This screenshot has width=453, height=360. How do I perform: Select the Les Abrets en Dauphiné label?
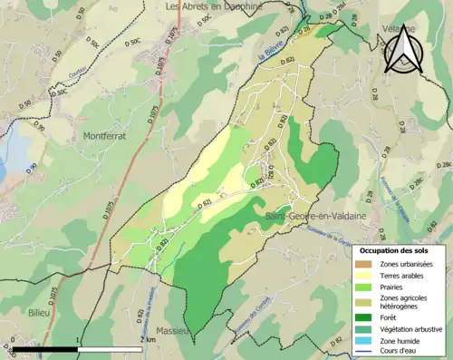213,6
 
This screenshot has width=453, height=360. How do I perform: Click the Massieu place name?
172,331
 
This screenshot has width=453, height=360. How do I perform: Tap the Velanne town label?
400,28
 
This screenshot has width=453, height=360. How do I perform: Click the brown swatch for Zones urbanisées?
366,264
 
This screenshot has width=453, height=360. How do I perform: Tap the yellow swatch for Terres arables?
366,277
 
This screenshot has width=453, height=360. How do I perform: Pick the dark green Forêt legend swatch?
366,317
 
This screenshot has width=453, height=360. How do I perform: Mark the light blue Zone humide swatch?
366,342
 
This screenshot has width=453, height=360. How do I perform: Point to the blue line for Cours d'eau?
366,354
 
